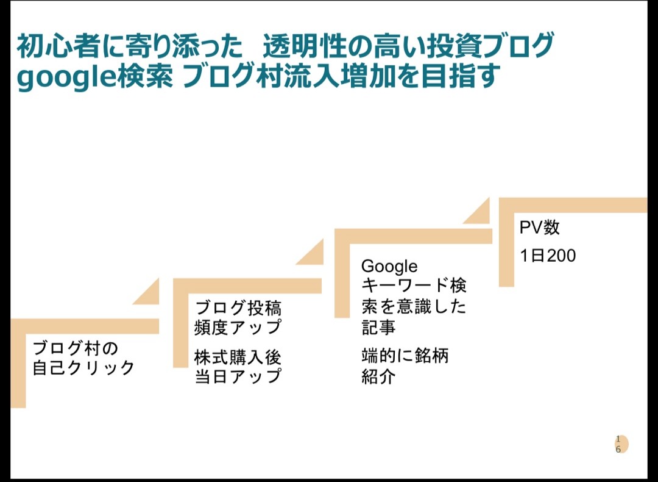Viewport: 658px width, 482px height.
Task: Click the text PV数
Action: [539, 228]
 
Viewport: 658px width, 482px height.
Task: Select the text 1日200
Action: [548, 256]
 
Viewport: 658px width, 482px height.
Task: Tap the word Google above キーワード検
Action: [389, 267]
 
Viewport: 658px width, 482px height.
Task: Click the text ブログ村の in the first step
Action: [76, 348]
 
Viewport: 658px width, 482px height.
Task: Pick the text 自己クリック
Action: [83, 368]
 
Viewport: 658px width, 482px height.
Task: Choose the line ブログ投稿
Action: [238, 307]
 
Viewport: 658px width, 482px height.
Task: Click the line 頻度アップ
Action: [238, 327]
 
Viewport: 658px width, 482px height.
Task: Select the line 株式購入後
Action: [238, 356]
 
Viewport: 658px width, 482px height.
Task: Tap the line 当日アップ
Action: [238, 376]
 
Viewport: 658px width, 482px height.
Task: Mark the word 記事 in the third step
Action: [378, 327]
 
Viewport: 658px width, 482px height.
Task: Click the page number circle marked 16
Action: [620, 444]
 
